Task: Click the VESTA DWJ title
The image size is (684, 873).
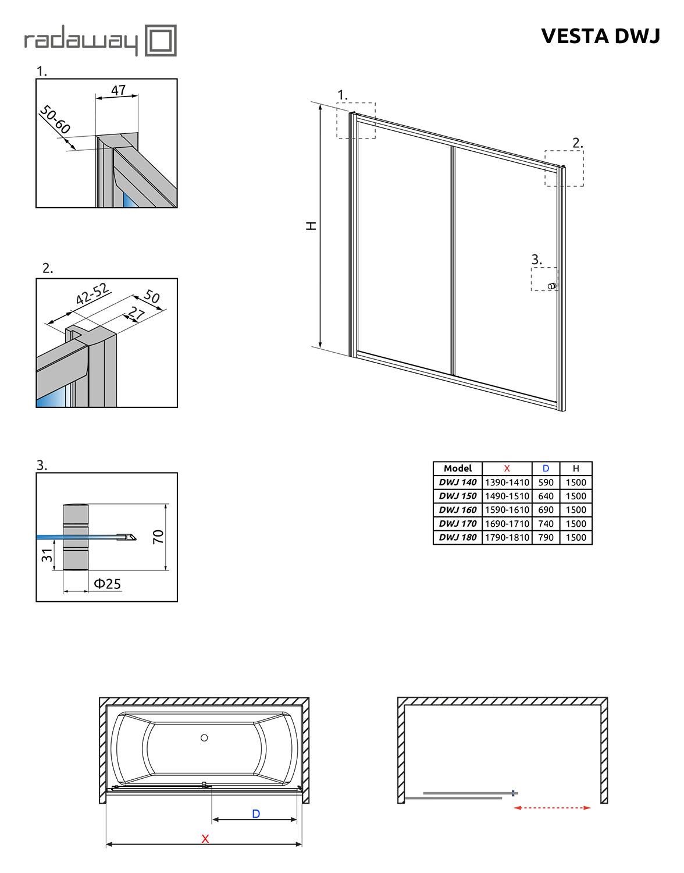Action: pyautogui.click(x=600, y=36)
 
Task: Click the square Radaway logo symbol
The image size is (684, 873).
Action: pyautogui.click(x=160, y=40)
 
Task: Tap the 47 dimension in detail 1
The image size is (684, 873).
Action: pyautogui.click(x=118, y=90)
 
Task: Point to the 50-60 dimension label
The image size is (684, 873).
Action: pyautogui.click(x=55, y=119)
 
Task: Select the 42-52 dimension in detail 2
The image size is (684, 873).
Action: pyautogui.click(x=92, y=294)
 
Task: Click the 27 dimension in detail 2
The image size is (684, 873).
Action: pyautogui.click(x=136, y=314)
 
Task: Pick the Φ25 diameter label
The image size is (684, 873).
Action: pyautogui.click(x=107, y=584)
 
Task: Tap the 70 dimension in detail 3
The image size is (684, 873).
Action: pyautogui.click(x=159, y=537)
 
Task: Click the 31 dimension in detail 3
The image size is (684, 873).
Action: pyautogui.click(x=47, y=555)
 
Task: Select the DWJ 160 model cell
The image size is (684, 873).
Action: pyautogui.click(x=458, y=510)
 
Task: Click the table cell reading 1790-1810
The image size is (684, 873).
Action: pyautogui.click(x=507, y=538)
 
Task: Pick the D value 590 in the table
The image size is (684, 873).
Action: pyautogui.click(x=546, y=482)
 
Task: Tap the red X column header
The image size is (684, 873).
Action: pyautogui.click(x=507, y=469)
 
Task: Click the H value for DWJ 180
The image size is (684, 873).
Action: pyautogui.click(x=576, y=538)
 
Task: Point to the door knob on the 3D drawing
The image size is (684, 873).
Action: pyautogui.click(x=553, y=286)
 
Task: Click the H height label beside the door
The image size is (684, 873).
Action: pyautogui.click(x=312, y=226)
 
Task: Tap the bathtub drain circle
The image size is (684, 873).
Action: pyautogui.click(x=204, y=737)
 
